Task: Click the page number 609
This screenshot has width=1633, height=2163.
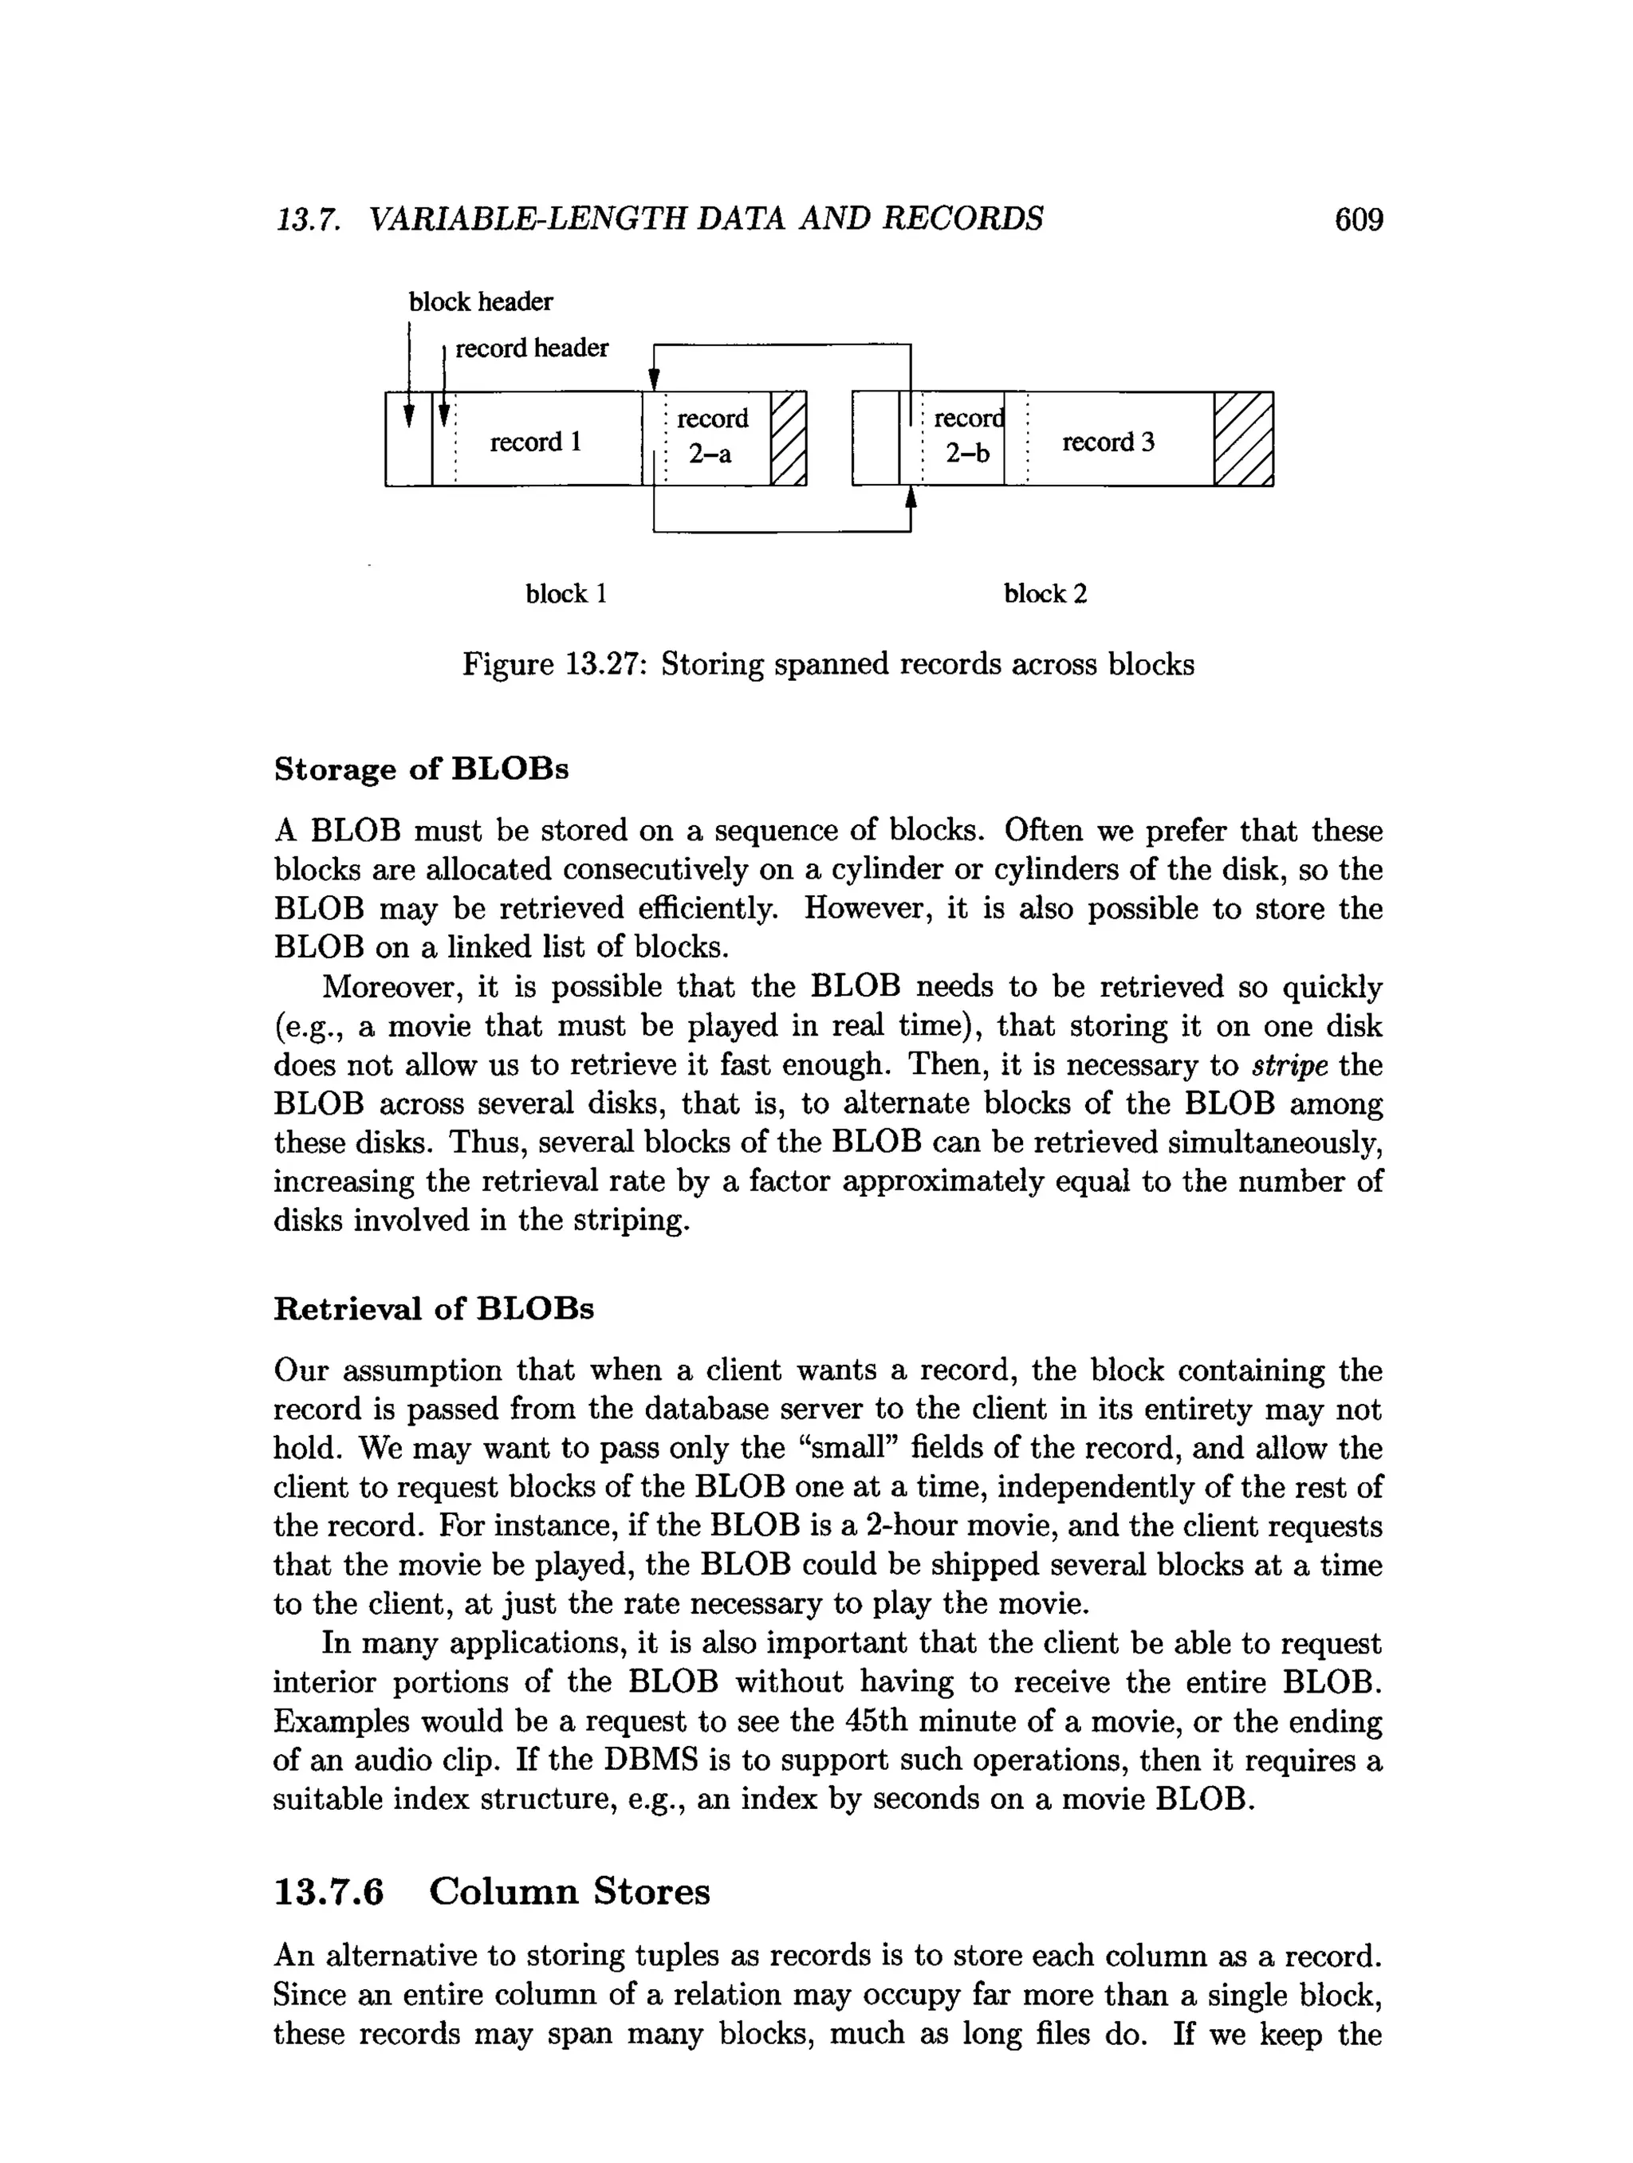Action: (x=1358, y=219)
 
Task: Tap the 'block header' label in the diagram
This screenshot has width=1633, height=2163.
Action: (x=480, y=302)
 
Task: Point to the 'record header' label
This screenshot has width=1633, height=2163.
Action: (x=532, y=348)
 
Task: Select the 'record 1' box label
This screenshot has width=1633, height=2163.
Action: (x=536, y=442)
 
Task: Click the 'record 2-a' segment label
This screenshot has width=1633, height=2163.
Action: (x=712, y=436)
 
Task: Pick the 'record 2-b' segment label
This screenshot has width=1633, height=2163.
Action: (x=967, y=436)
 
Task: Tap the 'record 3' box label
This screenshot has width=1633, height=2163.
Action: (x=1108, y=442)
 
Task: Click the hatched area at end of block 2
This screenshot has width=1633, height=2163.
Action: (x=1244, y=439)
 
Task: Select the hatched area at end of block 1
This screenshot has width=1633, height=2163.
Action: (x=788, y=439)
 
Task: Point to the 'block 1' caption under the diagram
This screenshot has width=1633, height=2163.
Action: (x=566, y=593)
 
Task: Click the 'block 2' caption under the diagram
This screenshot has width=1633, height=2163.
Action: (x=1045, y=593)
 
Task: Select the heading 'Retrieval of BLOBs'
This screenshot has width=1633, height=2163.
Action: (x=433, y=1308)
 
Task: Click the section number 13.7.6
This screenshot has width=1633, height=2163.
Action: (x=329, y=1891)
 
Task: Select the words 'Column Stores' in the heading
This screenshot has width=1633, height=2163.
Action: (x=569, y=1891)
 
